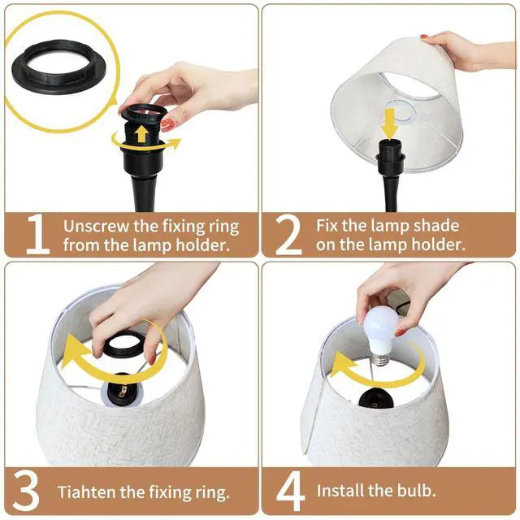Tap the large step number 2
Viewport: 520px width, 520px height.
point(289,234)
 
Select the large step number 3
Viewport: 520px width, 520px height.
point(28,490)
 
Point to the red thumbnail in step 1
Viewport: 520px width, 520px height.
point(167,123)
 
